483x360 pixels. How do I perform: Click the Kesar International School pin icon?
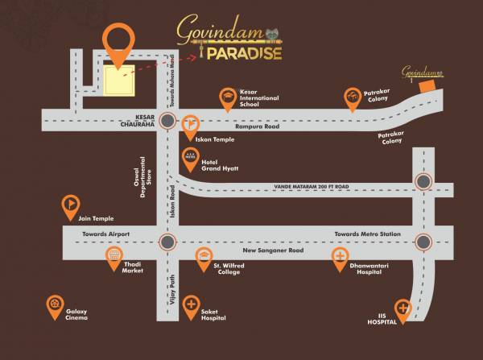click(229, 98)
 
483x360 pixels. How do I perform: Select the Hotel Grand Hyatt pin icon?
click(190, 155)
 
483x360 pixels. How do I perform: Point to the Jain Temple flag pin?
click(71, 205)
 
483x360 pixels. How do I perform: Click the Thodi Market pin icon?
click(114, 257)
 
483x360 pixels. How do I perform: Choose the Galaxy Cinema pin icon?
click(55, 304)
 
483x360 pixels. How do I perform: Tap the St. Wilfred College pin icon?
click(204, 257)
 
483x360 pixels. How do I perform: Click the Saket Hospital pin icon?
click(191, 304)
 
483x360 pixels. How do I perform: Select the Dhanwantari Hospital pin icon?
click(341, 257)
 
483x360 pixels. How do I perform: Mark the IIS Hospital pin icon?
click(402, 308)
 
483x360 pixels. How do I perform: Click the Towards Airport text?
click(106, 234)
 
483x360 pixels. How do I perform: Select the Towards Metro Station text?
click(367, 234)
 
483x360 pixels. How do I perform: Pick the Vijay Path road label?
click(171, 286)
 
